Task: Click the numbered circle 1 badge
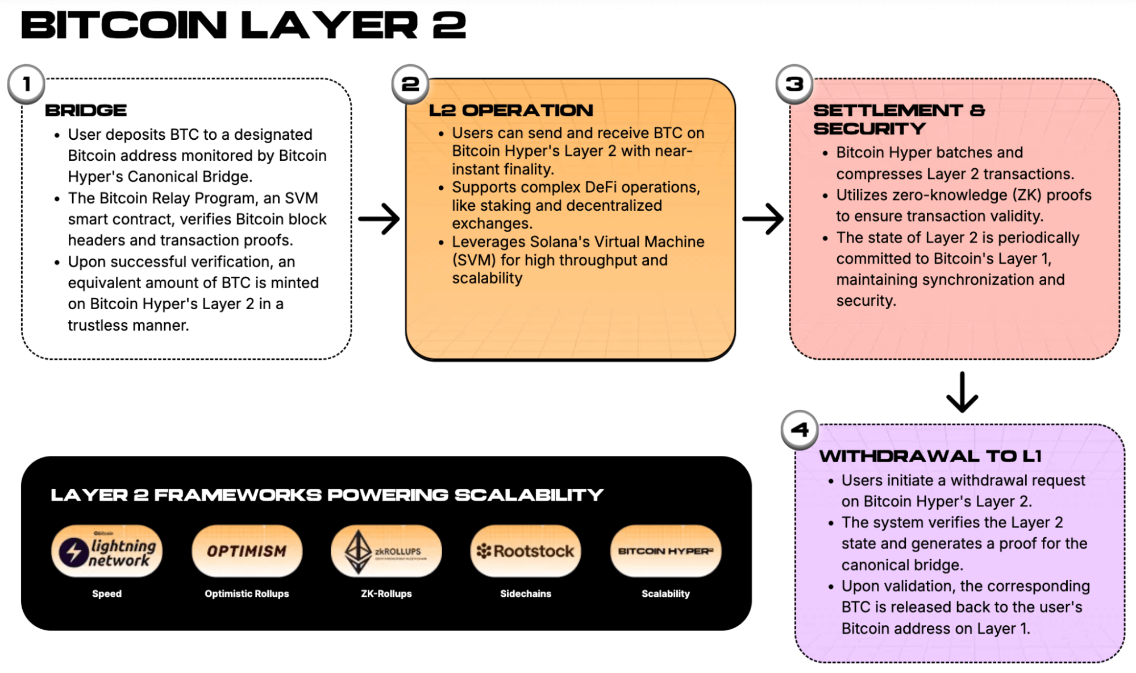(27, 84)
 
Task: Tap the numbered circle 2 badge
(410, 84)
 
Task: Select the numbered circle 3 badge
(794, 84)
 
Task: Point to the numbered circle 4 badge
(800, 430)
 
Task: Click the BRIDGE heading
(86, 110)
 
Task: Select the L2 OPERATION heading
(510, 110)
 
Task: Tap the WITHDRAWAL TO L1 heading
(930, 456)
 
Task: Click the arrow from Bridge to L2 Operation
(378, 219)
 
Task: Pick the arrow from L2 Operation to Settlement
(763, 219)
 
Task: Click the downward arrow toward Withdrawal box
(962, 392)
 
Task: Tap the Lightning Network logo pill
(107, 551)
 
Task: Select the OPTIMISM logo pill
(247, 551)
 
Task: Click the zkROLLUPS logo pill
(386, 551)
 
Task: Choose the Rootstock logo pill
(526, 551)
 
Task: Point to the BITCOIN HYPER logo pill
(665, 551)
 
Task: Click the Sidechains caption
(526, 593)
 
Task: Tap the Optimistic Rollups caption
(247, 593)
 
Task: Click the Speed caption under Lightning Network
(107, 593)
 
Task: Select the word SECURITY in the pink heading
(869, 129)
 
